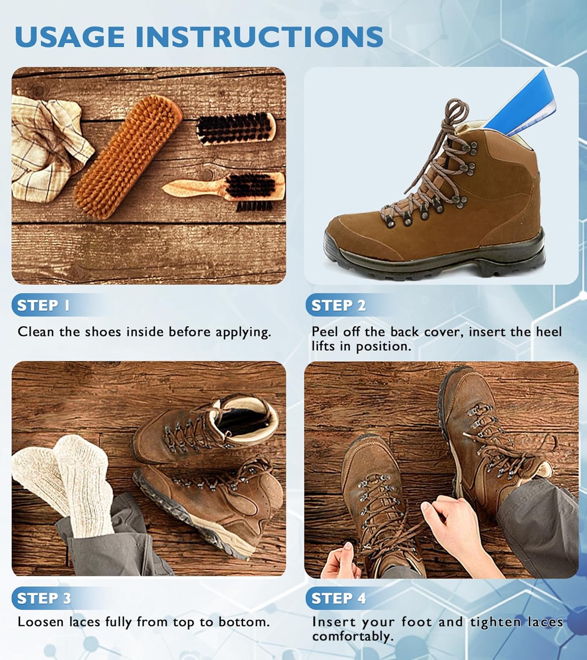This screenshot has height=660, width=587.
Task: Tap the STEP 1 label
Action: point(43,305)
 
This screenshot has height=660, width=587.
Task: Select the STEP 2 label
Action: point(338,305)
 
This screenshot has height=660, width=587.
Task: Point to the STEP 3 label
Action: point(44,598)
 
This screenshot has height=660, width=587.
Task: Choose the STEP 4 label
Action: point(338,598)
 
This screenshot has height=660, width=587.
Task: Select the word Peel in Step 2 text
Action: point(325,332)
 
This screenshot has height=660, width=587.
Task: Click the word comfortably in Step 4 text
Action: point(352,637)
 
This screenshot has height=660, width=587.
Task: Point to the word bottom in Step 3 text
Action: point(243,622)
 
